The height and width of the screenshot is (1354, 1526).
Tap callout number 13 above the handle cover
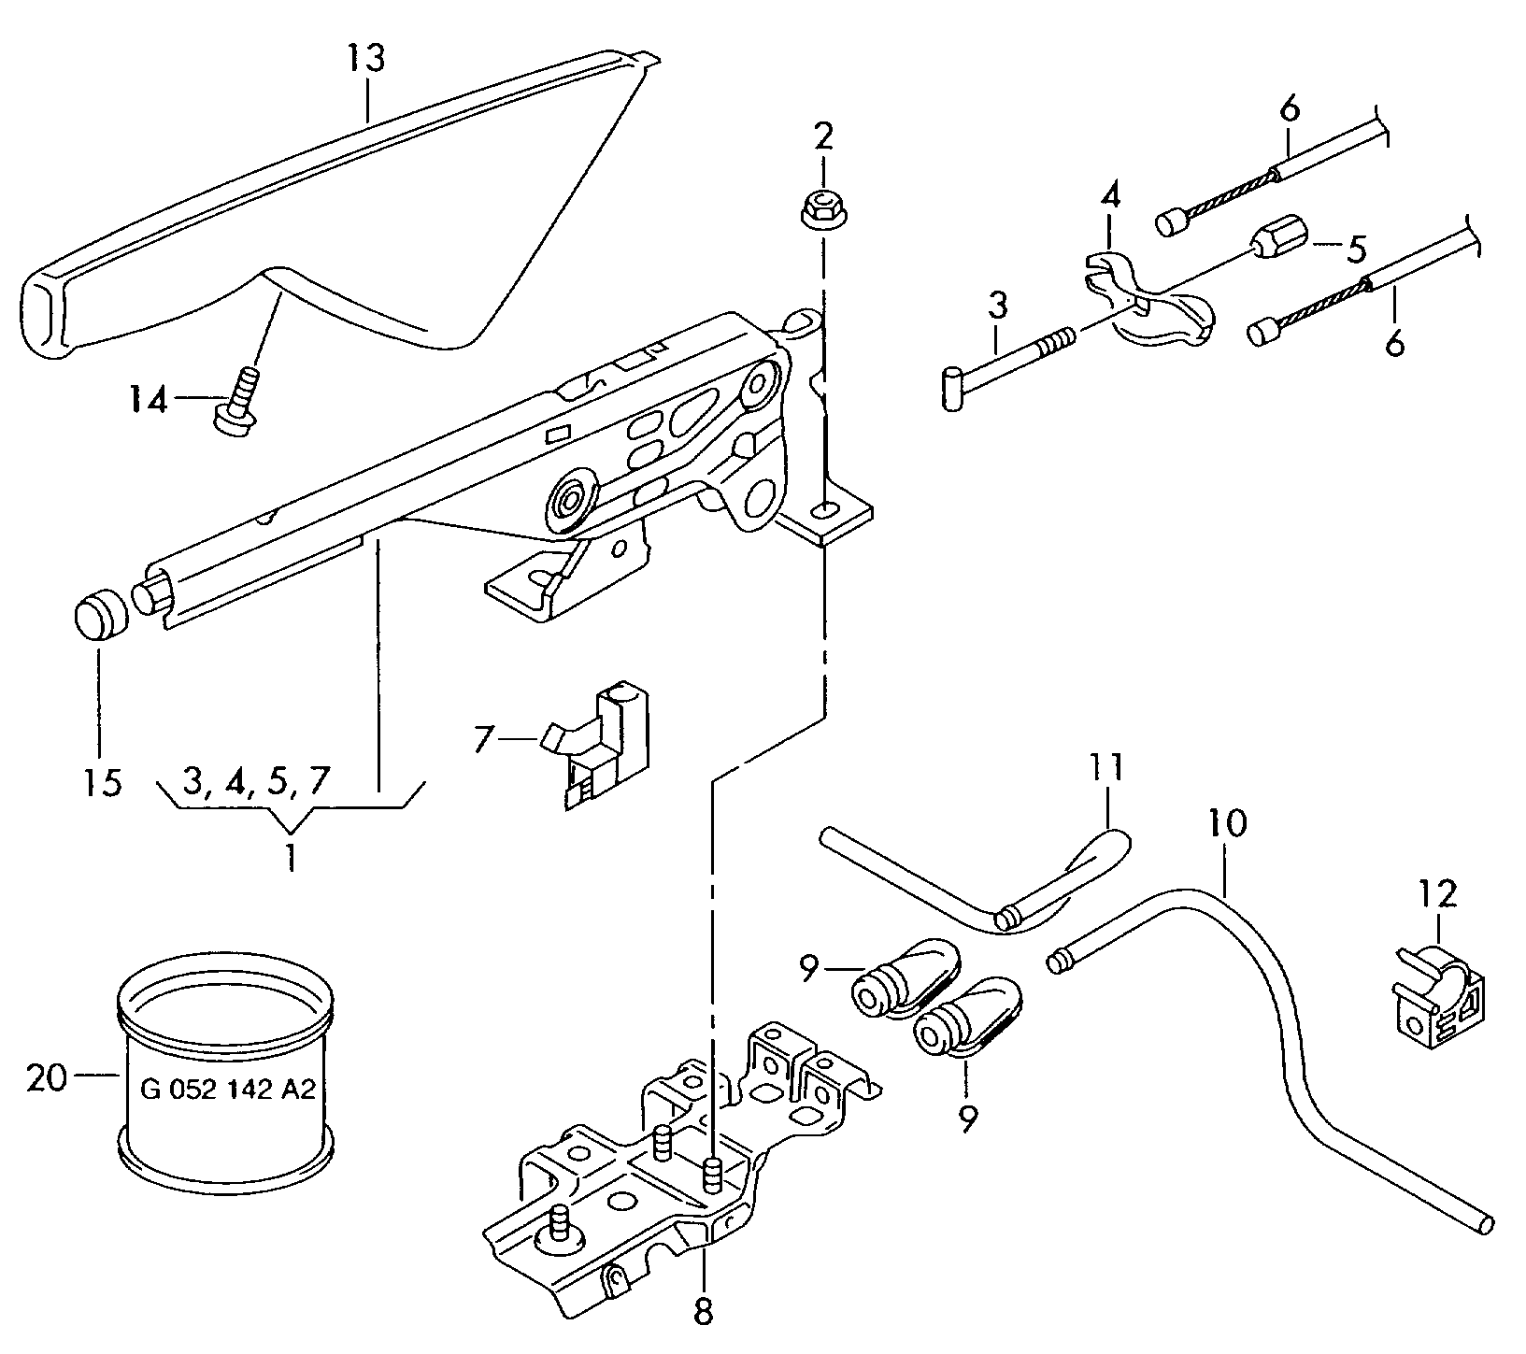(366, 60)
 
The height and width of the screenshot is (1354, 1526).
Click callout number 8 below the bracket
(703, 1311)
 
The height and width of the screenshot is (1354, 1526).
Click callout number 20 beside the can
(47, 1078)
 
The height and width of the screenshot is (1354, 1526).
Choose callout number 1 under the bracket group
(291, 857)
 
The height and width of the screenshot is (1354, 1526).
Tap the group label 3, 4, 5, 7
(256, 781)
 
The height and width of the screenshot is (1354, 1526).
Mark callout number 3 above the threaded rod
(998, 306)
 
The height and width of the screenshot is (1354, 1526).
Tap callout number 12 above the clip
(1437, 894)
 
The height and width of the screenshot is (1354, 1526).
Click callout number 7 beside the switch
(482, 739)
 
